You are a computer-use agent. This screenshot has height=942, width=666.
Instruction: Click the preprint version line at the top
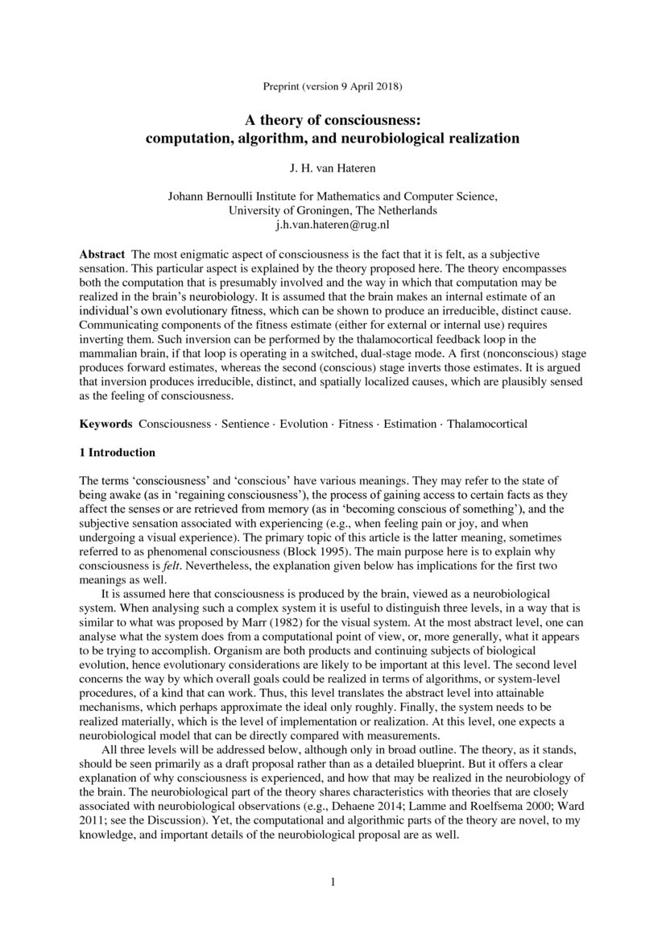pos(333,85)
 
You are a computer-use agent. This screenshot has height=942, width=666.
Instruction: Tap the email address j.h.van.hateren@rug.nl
pos(333,224)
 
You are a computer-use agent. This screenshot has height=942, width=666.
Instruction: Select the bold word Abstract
pos(101,254)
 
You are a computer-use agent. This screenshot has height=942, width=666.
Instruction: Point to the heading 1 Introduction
pos(117,452)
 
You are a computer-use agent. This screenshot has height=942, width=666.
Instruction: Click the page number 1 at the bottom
pos(333,882)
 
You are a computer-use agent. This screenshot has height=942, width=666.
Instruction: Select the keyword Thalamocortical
pos(487,423)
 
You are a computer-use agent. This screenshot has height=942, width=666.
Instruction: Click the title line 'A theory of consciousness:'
pos(333,120)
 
